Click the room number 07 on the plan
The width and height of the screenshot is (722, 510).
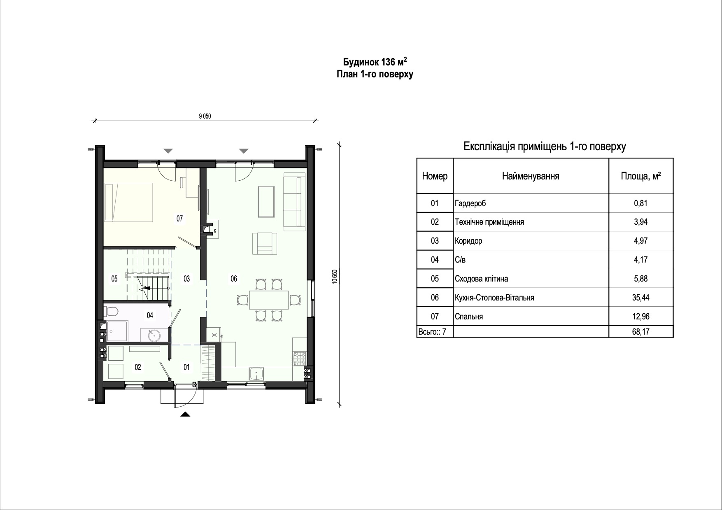[179, 219]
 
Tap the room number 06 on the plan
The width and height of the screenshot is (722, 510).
[234, 279]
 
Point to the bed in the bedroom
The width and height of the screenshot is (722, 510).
[129, 203]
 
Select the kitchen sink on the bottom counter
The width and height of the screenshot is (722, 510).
[257, 374]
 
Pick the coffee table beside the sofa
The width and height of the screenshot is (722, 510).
[266, 201]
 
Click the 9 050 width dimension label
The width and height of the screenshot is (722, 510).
[205, 116]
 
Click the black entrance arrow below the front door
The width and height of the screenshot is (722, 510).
[186, 415]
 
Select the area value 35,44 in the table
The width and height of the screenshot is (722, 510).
[641, 298]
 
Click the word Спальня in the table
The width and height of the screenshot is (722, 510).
[469, 317]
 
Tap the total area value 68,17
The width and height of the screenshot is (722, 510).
[641, 331]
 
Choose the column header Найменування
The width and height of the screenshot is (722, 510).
[531, 177]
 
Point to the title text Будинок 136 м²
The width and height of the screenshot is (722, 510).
[375, 62]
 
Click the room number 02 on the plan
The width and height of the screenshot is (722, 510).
[138, 367]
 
